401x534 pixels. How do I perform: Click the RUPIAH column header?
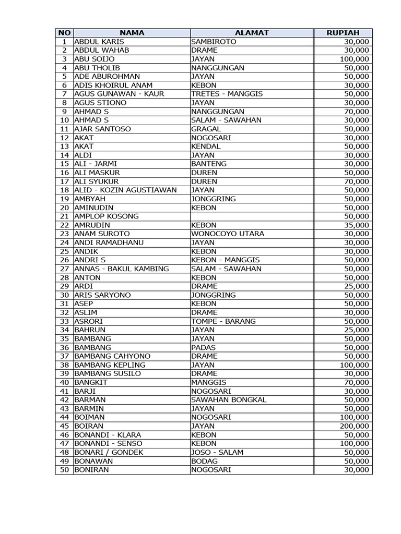click(343, 33)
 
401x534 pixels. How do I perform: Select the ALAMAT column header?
click(252, 33)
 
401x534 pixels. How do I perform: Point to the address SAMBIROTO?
click(214, 42)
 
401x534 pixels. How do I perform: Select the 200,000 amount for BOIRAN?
click(355, 426)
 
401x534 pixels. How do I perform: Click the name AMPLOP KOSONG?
click(107, 216)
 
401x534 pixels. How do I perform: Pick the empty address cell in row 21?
click(252, 216)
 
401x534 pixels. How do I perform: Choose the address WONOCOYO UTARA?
click(228, 234)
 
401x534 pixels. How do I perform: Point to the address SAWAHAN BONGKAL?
click(229, 400)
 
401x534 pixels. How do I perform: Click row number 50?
click(65, 470)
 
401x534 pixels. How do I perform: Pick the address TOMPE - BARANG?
click(223, 321)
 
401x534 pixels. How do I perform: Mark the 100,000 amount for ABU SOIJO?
click(355, 59)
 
